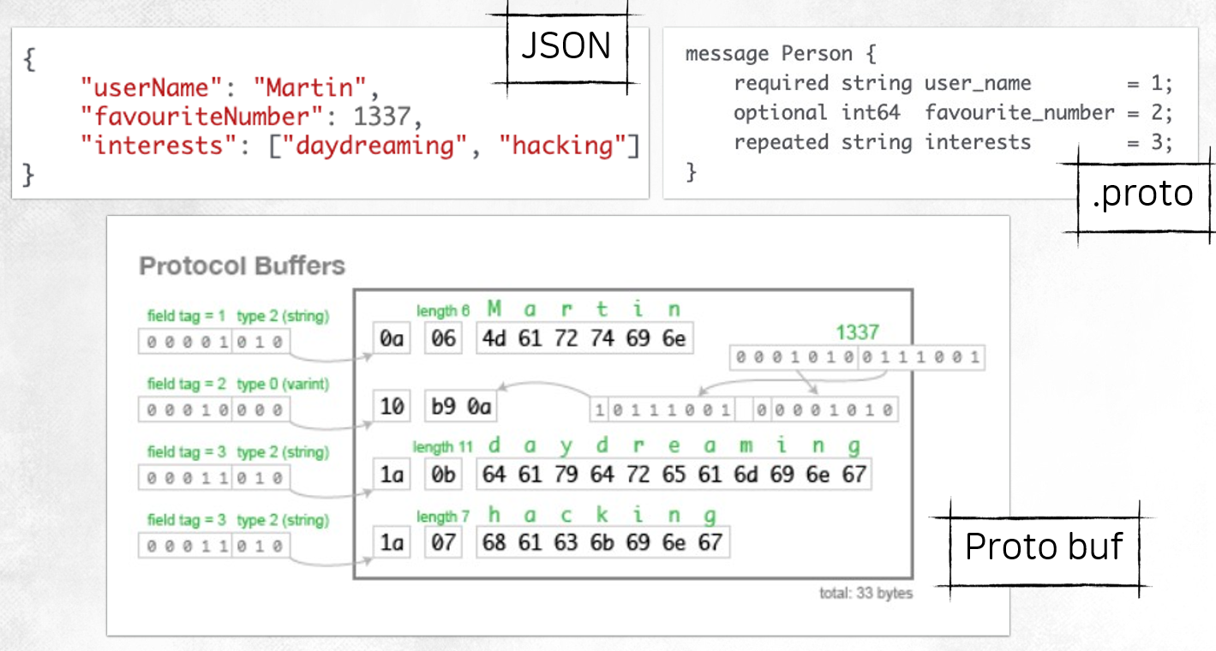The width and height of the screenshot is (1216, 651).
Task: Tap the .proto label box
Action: [x=1142, y=194]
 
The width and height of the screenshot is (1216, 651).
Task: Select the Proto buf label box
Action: [x=1043, y=546]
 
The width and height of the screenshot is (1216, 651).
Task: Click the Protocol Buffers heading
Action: [x=242, y=266]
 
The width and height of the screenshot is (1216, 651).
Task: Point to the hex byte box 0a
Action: [x=392, y=339]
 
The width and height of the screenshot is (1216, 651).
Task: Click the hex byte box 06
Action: [x=443, y=339]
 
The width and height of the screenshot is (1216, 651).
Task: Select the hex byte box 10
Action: [x=392, y=406]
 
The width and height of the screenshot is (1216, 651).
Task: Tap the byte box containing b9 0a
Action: [x=462, y=406]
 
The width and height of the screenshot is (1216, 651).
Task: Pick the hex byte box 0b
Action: [x=443, y=474]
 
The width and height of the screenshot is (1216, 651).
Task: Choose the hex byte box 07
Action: [x=443, y=541]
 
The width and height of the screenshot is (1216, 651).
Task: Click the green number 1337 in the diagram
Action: [x=858, y=332]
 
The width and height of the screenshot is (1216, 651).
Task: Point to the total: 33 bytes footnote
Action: [x=866, y=594]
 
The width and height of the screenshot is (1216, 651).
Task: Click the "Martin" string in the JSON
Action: [x=309, y=87]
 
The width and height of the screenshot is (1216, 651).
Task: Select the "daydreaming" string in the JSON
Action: [x=374, y=146]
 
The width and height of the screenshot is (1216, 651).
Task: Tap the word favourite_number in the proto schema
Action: [x=1020, y=112]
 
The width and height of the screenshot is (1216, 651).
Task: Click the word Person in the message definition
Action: [x=818, y=54]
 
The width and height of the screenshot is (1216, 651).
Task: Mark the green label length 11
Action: [x=442, y=447]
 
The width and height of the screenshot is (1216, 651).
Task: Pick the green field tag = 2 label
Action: [x=186, y=385]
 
